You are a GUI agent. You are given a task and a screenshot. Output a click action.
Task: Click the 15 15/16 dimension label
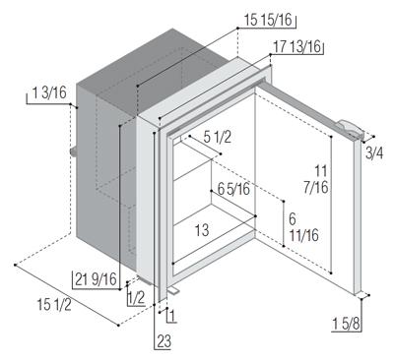coord(268,21)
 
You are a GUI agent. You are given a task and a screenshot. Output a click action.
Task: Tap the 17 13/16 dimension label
coord(297,47)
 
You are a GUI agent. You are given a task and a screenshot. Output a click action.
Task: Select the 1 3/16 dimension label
coord(49,92)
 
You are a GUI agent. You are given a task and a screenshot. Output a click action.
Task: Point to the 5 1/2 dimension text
coord(218,137)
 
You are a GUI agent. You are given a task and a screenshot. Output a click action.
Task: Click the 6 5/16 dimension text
coord(233,189)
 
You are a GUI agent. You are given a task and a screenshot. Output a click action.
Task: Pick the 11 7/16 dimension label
coord(321,179)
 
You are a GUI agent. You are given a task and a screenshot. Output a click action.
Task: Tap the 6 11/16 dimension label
coord(303,227)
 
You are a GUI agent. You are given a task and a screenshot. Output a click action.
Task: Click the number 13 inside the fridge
coord(202,230)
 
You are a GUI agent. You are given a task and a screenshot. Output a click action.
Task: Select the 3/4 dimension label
coord(374,153)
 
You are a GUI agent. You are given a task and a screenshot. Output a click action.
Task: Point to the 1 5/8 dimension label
coord(346,325)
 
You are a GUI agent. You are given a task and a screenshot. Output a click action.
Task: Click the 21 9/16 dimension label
coord(96,279)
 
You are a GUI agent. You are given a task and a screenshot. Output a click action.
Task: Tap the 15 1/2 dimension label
coord(54,305)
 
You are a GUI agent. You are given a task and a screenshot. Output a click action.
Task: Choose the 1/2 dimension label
coord(136,298)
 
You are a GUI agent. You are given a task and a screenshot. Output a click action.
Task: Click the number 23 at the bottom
coord(164,341)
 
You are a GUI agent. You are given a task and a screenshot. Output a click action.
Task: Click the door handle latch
coord(350,129)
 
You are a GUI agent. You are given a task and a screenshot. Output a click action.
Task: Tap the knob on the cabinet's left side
coord(73,151)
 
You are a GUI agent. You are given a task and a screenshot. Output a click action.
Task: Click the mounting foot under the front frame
coord(172,289)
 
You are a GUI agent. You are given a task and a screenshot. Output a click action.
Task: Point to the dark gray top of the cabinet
coord(155,66)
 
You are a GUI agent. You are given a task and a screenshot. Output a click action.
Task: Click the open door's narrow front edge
coord(358,216)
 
